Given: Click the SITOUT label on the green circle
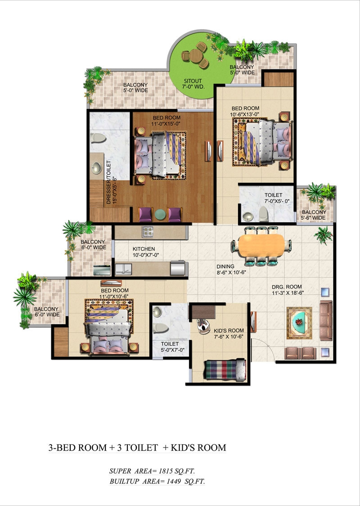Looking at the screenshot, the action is (x=193, y=81).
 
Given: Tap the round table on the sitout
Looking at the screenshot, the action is (x=195, y=56).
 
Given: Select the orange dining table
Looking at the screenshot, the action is (x=261, y=245).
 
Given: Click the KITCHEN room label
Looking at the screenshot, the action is (x=144, y=249).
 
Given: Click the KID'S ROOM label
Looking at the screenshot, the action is (x=229, y=330).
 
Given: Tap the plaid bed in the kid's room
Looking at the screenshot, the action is (x=225, y=370).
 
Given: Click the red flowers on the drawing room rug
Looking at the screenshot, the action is (x=300, y=321).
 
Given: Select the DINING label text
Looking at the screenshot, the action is (x=225, y=266).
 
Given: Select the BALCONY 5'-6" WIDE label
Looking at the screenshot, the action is (x=314, y=215).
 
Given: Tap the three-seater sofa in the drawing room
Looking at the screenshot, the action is (x=326, y=321).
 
